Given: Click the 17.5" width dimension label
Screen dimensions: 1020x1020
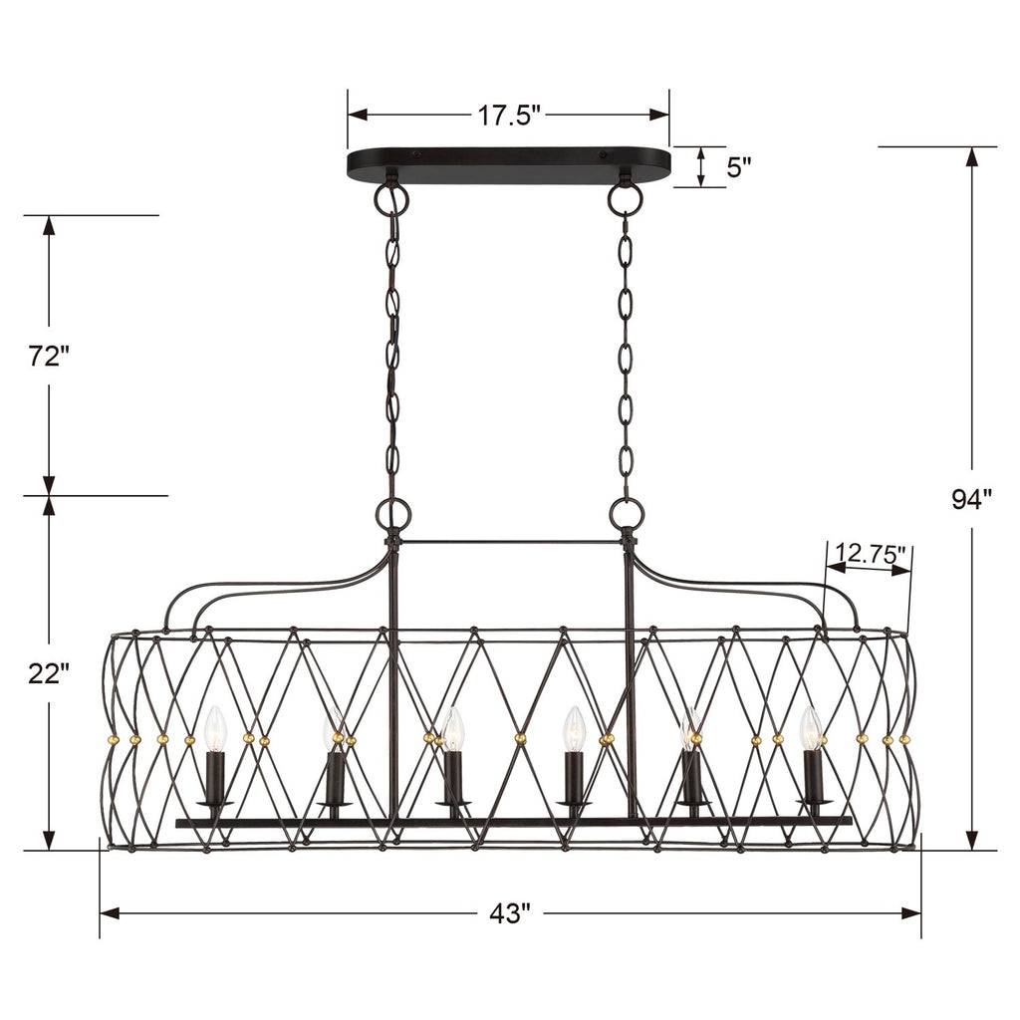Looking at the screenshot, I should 507,116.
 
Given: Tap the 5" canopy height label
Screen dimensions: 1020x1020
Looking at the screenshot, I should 738,166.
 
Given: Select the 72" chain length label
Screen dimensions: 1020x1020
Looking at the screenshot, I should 48,356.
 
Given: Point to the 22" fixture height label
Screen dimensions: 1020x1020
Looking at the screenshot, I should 48,674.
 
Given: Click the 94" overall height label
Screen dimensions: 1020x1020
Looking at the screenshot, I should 971,499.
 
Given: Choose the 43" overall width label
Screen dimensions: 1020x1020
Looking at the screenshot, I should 510,912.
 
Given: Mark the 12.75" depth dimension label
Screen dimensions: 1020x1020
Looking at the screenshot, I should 870,554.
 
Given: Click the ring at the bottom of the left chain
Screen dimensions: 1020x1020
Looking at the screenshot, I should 392,514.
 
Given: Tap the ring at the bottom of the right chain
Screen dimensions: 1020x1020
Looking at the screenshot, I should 627,514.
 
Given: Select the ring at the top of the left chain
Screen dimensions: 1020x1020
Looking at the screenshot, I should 391,199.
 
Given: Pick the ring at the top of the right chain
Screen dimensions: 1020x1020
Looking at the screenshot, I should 626,199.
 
